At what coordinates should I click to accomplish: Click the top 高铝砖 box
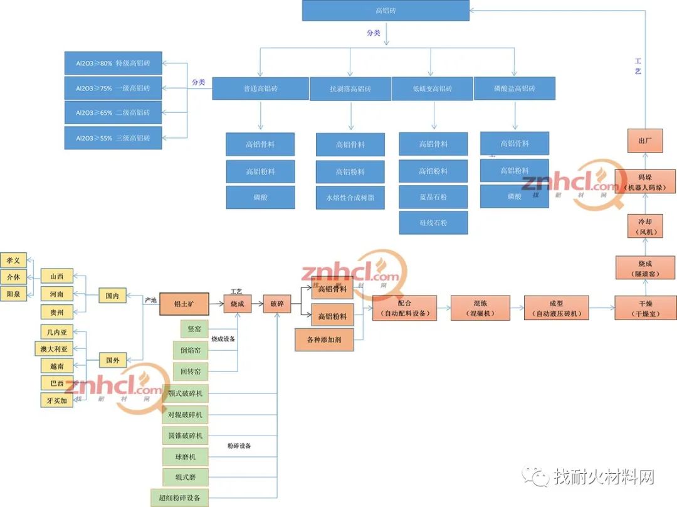point(386,11)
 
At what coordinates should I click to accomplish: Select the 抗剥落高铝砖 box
point(350,89)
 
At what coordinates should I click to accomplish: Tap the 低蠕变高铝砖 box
point(431,88)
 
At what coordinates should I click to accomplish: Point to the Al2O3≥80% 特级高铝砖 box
point(113,63)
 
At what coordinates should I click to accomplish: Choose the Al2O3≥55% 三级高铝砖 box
point(113,138)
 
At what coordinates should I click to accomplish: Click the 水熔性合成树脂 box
point(350,198)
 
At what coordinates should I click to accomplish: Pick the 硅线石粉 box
point(433,223)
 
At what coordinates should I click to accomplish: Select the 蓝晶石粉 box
point(433,197)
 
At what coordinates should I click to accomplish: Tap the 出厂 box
point(645,141)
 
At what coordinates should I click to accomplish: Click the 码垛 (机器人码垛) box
point(645,183)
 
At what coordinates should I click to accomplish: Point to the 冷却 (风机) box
point(645,226)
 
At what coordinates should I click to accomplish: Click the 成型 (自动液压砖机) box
point(556,308)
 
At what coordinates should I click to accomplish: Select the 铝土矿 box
point(184,304)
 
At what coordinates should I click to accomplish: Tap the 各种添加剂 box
point(324,339)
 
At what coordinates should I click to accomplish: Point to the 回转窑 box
point(191,372)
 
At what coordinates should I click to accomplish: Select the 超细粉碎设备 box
point(179,498)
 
